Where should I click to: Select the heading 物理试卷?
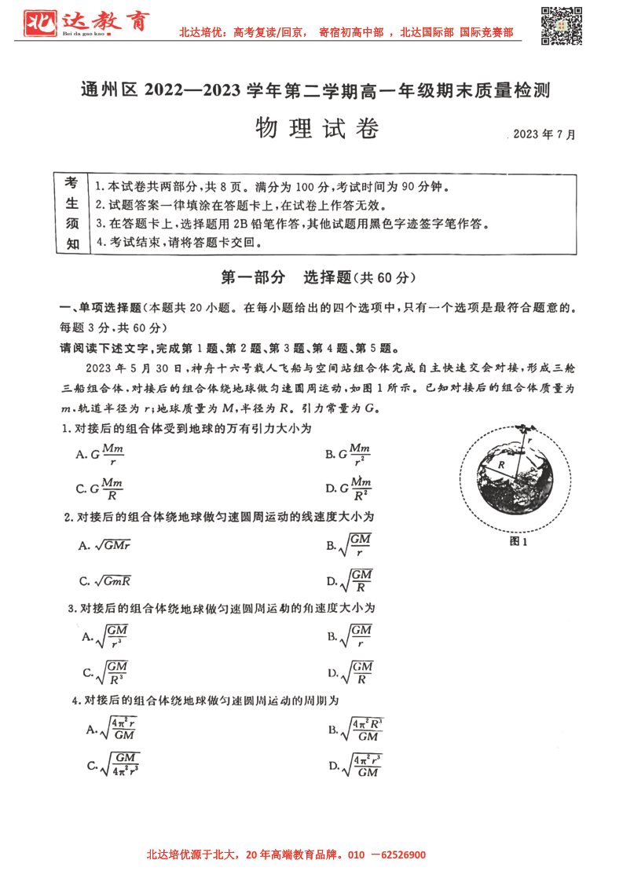(x=317, y=128)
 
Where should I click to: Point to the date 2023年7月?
(x=544, y=134)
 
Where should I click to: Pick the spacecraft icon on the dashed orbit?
(x=525, y=429)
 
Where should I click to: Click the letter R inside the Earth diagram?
(x=500, y=466)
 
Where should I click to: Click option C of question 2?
(x=104, y=581)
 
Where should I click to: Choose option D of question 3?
(x=350, y=673)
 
